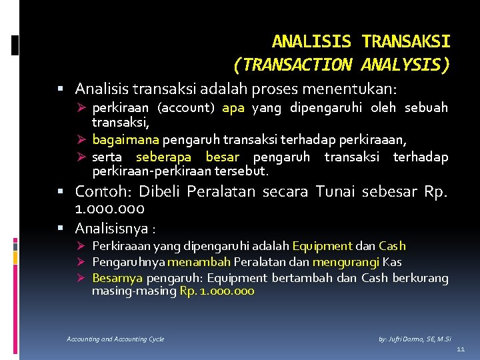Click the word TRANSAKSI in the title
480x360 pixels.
click(406, 42)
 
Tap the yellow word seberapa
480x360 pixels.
click(163, 157)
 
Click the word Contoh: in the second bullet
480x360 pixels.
click(102, 192)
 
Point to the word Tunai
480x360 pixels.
click(335, 192)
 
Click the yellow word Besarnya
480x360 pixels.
click(117, 278)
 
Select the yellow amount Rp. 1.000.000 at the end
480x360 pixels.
click(217, 291)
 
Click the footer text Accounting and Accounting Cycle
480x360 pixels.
click(115, 339)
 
